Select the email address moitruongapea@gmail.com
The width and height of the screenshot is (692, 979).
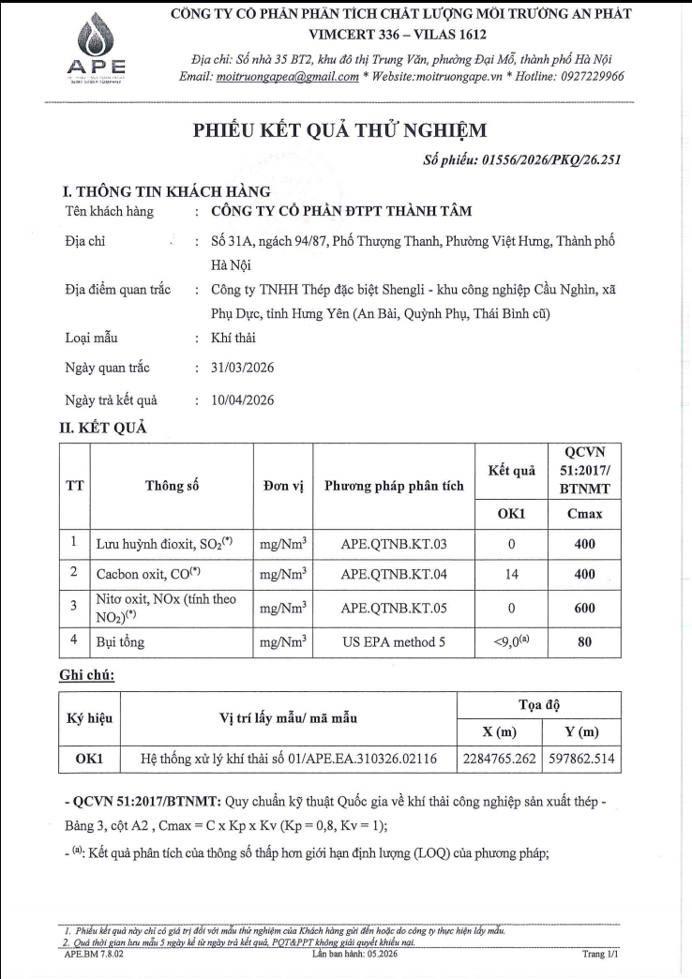click(287, 77)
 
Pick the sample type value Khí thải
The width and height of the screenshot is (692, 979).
click(233, 338)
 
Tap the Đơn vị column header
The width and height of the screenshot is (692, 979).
click(283, 485)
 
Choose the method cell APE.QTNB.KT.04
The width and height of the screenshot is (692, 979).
click(394, 572)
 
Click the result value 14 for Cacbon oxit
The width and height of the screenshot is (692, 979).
click(512, 572)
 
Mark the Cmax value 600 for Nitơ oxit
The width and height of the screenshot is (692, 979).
click(585, 608)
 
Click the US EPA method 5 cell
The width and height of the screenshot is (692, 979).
click(394, 643)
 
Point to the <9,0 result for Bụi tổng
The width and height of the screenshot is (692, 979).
click(511, 643)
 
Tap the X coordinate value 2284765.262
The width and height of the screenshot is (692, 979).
click(500, 759)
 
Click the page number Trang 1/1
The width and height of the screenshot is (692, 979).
click(600, 954)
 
